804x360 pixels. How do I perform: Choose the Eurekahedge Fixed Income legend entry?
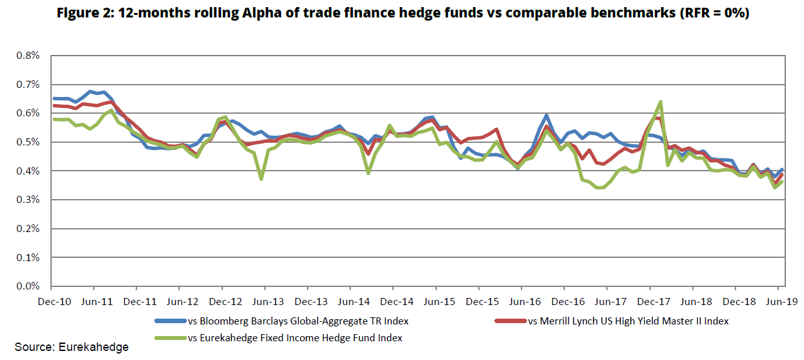[x=294, y=337]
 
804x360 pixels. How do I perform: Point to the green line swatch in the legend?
[x=169, y=337]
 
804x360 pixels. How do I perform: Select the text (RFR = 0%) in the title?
[x=714, y=13]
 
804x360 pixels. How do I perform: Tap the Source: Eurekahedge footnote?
[x=72, y=348]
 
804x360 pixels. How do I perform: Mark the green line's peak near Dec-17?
[x=660, y=101]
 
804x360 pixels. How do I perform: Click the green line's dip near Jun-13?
[x=261, y=179]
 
